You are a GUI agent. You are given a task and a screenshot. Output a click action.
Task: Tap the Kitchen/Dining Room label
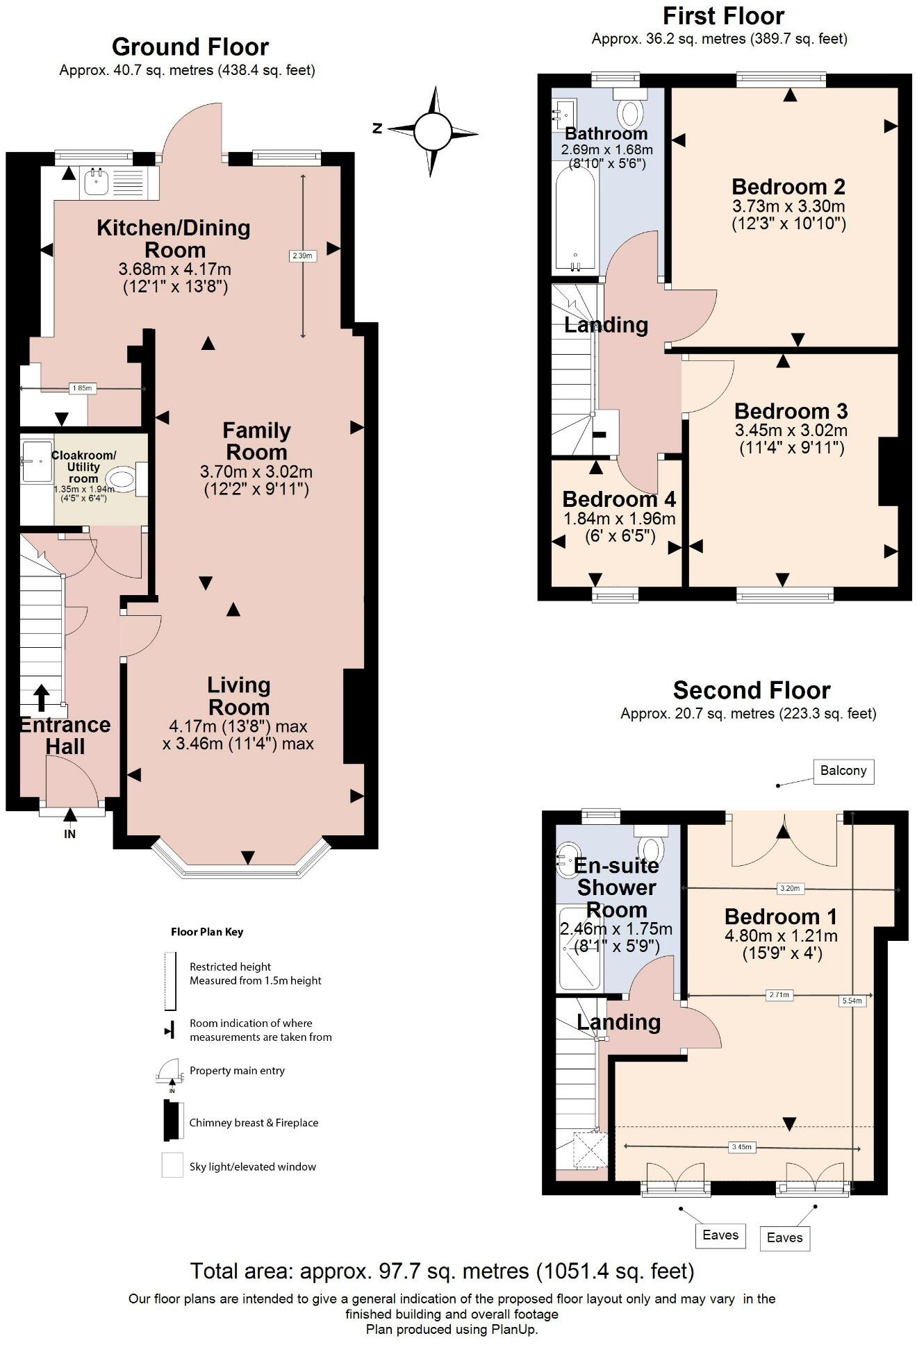point(174,238)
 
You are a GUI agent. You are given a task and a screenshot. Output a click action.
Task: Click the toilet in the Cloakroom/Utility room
point(122,479)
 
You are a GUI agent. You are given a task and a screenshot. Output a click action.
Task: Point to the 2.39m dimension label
point(302,256)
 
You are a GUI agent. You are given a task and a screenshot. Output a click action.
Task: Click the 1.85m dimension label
point(82,388)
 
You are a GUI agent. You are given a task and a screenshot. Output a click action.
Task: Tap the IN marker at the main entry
point(69,834)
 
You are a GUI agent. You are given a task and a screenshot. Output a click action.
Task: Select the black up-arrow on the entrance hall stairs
point(42,697)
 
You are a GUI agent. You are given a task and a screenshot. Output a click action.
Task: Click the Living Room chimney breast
point(354,716)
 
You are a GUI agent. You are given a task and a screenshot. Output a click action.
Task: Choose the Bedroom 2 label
point(788,187)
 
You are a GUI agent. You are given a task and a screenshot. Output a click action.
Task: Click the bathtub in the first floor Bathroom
point(575,217)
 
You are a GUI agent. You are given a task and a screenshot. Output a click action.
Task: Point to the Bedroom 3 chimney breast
point(889,471)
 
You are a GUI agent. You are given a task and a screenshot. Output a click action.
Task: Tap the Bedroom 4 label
point(619,499)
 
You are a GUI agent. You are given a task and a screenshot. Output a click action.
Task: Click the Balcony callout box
point(843,771)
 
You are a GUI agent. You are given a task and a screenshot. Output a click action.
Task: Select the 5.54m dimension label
point(852,1001)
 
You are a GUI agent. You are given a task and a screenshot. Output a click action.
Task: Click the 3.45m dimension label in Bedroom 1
point(741,1147)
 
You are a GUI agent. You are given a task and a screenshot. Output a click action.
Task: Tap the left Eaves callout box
point(720,1235)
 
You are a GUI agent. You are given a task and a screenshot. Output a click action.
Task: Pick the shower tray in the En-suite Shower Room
point(579,948)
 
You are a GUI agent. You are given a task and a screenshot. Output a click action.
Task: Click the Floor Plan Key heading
point(207,932)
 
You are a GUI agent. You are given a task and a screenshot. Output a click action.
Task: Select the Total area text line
point(443,1271)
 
